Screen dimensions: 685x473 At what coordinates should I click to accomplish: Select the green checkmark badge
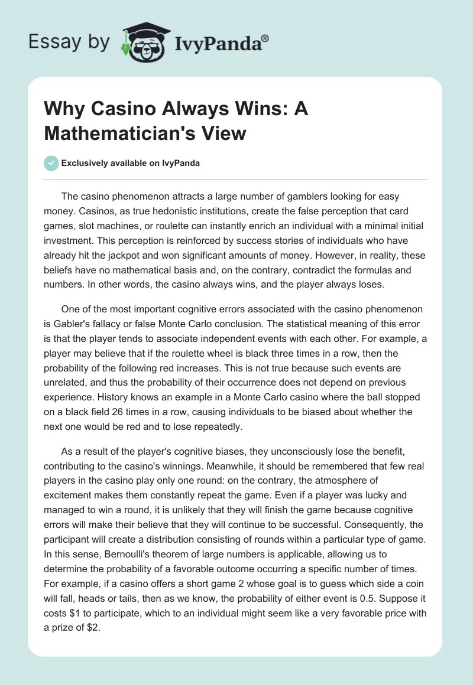click(51, 163)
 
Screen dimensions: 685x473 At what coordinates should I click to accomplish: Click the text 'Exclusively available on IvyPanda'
click(131, 163)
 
